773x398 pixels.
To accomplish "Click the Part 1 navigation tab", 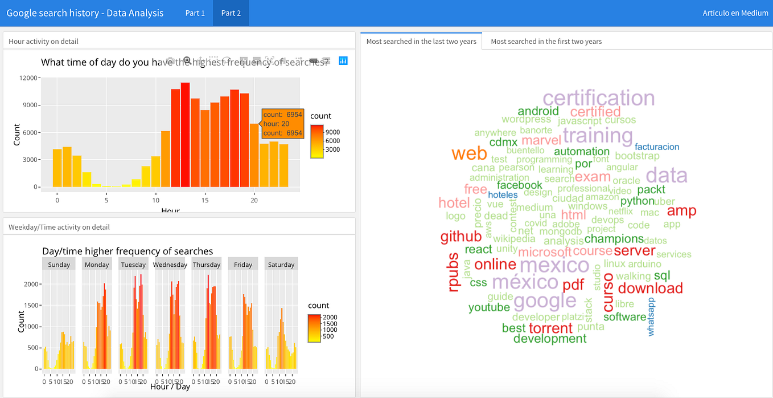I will (x=195, y=13).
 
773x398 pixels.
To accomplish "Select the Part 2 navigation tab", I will (x=231, y=13).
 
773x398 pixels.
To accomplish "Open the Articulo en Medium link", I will (x=735, y=13).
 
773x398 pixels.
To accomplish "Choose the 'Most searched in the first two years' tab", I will (x=546, y=41).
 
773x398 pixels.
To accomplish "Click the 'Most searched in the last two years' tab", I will (x=421, y=41).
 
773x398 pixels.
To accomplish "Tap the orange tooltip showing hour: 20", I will (x=282, y=124).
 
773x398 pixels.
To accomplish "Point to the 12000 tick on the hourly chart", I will (x=28, y=78).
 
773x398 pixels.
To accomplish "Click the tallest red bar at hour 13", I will (x=185, y=135).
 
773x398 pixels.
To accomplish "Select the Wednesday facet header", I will (x=170, y=265).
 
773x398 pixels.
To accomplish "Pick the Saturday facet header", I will (x=281, y=265).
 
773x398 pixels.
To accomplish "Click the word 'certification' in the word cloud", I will (x=598, y=98).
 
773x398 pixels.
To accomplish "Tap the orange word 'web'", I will (x=469, y=153).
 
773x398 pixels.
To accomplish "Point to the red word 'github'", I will (x=461, y=236).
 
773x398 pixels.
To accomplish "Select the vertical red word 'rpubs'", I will (x=454, y=273).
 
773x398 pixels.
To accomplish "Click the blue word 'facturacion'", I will (x=657, y=147).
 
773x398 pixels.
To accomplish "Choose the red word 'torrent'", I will (x=550, y=328).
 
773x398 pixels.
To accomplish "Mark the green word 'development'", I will (x=549, y=339).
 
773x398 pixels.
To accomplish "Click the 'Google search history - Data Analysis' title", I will (x=85, y=13).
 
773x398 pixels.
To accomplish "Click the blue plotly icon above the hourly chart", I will (x=343, y=60).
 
